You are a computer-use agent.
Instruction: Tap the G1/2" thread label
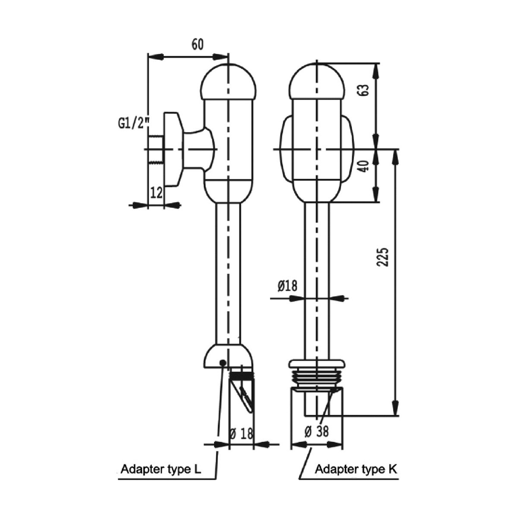click(133, 124)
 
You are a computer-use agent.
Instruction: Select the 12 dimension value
click(156, 193)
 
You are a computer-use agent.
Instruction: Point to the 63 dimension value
click(364, 90)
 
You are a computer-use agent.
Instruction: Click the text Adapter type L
click(161, 469)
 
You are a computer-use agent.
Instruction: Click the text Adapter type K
click(357, 469)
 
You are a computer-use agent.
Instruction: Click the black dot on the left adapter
click(223, 363)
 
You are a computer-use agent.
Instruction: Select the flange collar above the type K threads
click(318, 364)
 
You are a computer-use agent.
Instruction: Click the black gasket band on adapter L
click(242, 376)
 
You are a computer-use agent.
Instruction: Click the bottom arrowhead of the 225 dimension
click(395, 410)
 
